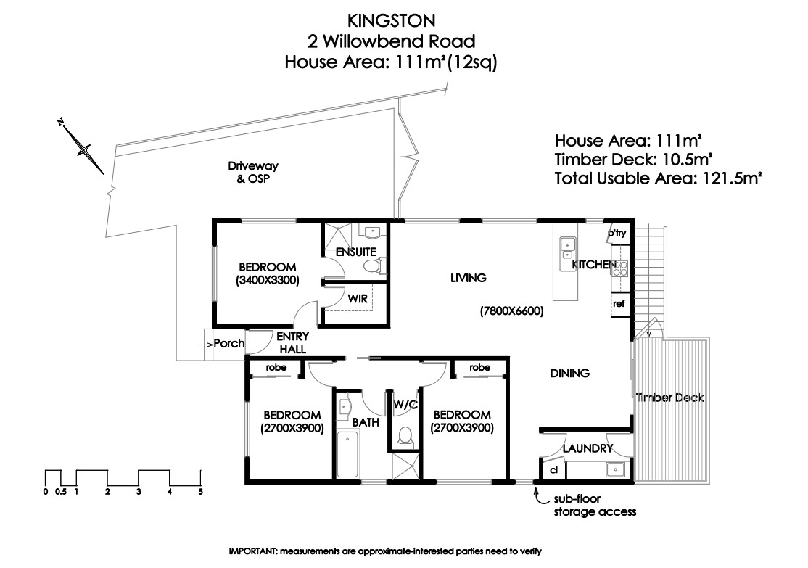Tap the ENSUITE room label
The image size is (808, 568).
(x=355, y=252)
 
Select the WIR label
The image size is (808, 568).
(x=357, y=299)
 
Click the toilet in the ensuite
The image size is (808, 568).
(x=372, y=266)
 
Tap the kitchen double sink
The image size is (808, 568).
(x=568, y=248)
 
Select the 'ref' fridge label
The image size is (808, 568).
(x=619, y=304)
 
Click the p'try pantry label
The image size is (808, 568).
(x=617, y=233)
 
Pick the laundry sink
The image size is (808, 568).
(x=615, y=470)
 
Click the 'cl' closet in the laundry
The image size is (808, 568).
(x=554, y=470)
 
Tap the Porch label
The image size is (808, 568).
(x=228, y=343)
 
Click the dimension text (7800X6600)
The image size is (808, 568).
(x=511, y=311)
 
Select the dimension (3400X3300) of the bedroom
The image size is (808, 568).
(x=268, y=281)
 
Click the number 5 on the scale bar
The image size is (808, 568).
(x=200, y=492)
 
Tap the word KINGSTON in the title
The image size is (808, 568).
(x=392, y=20)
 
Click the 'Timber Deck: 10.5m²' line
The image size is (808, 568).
(x=634, y=160)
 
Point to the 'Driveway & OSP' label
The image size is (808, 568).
(x=253, y=173)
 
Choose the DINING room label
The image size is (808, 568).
(x=570, y=373)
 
